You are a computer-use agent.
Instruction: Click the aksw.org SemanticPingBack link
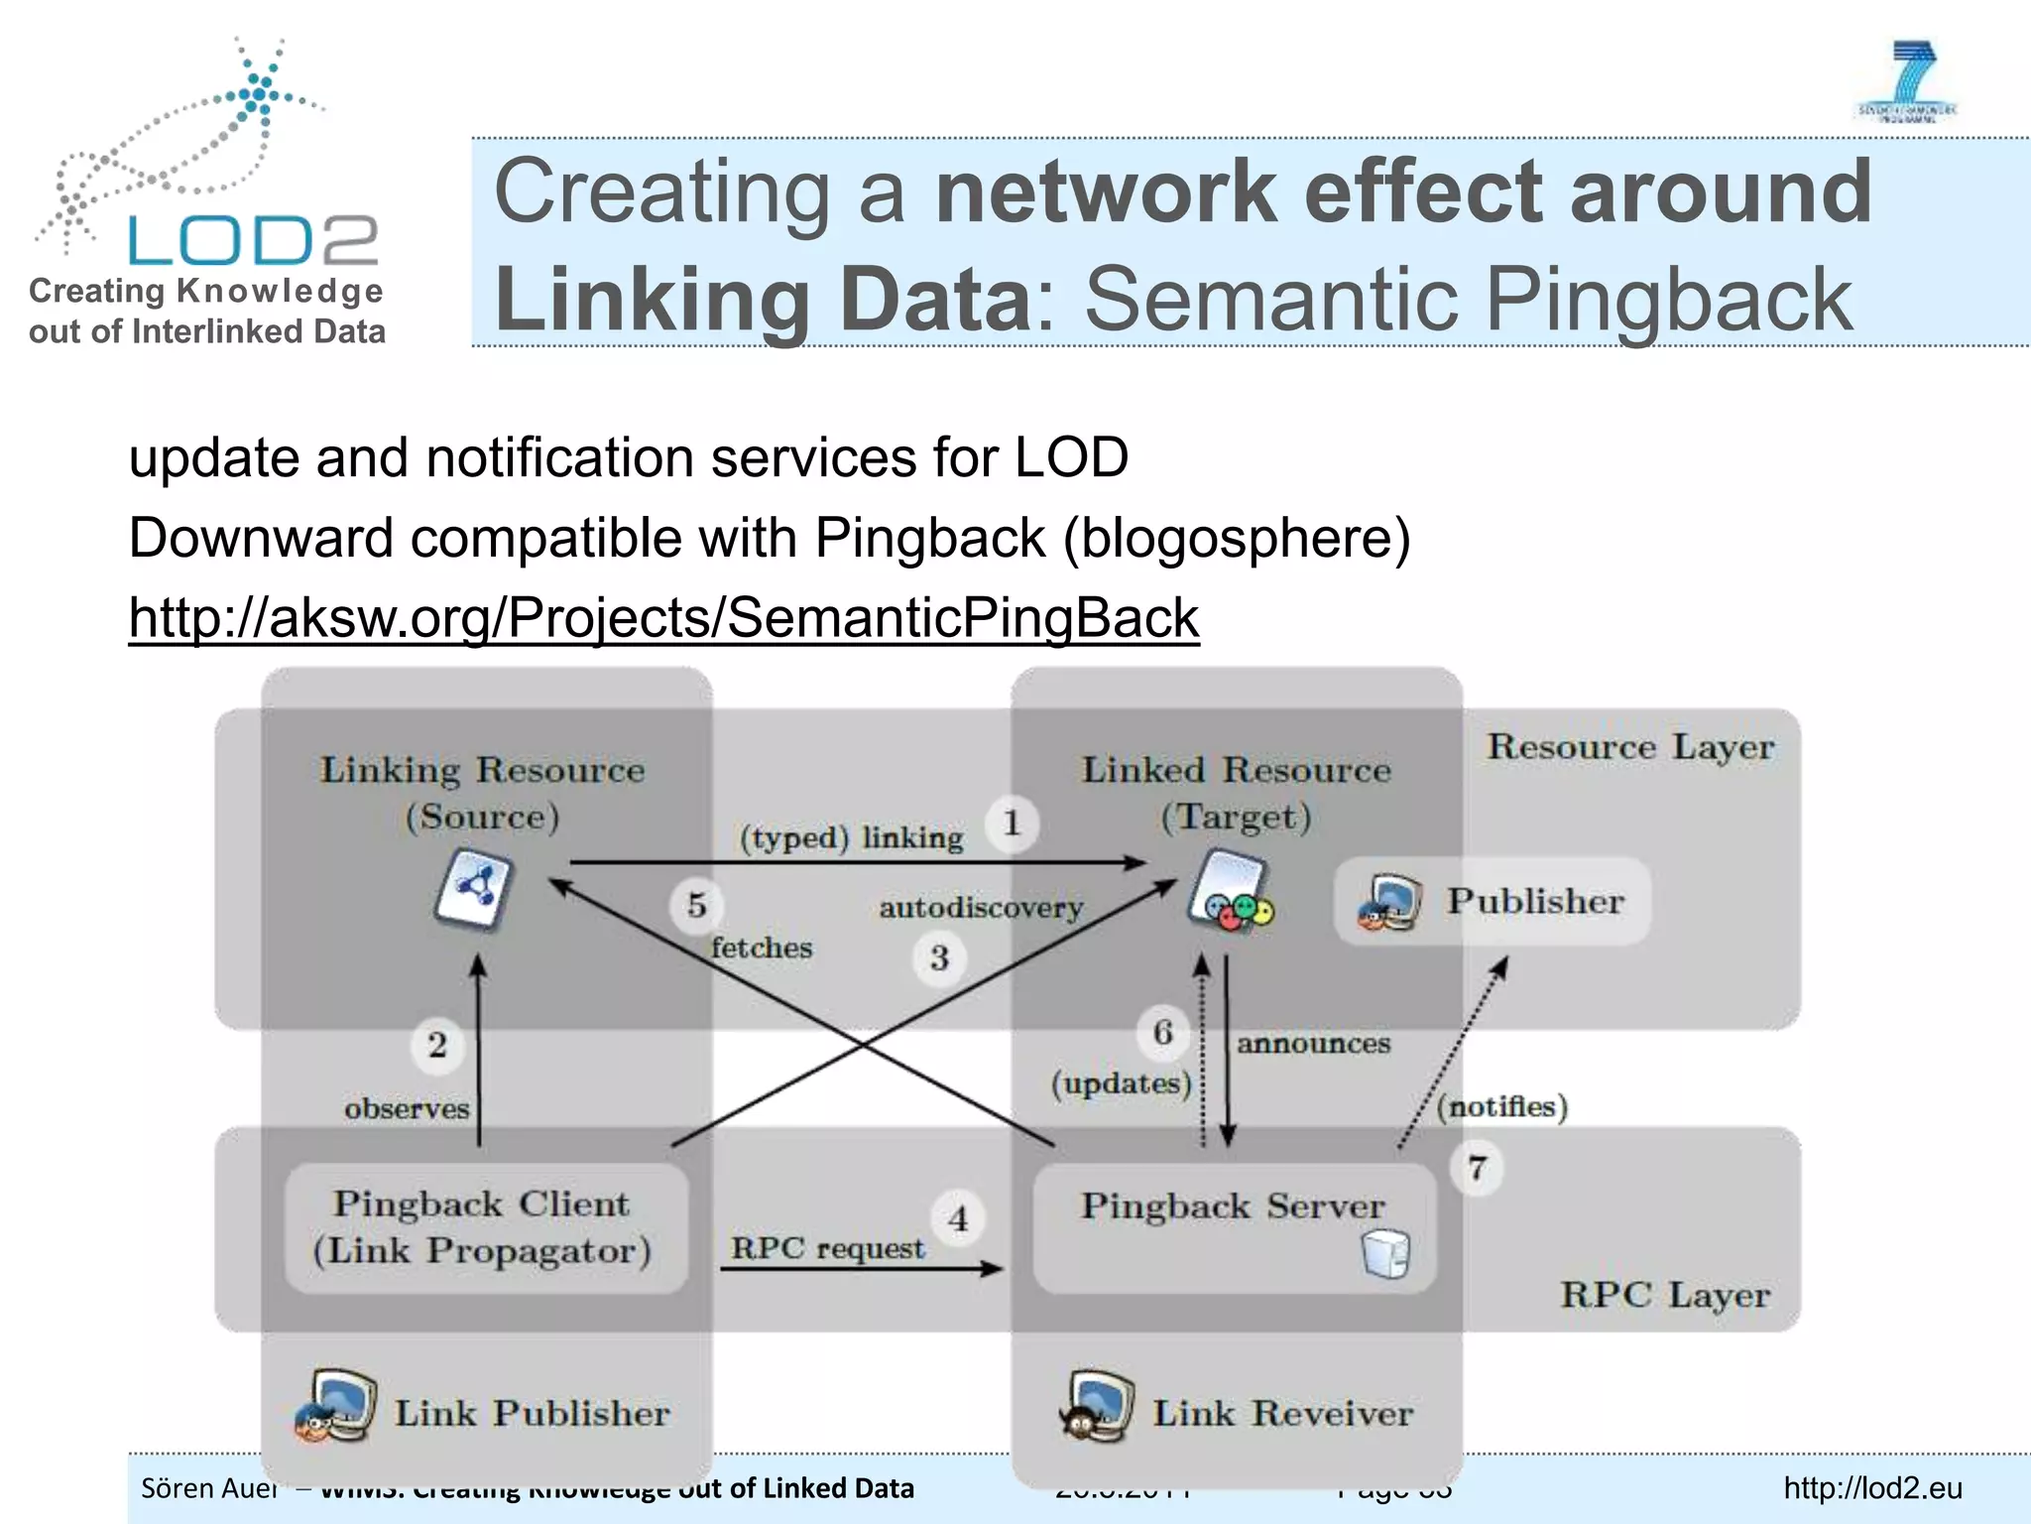[x=663, y=618]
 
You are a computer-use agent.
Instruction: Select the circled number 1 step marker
[x=1012, y=823]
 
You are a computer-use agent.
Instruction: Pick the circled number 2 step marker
[x=437, y=1045]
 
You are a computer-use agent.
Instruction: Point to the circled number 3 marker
[x=939, y=957]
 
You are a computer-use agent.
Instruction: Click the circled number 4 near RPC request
[x=958, y=1217]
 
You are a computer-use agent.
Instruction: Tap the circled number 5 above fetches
[x=697, y=905]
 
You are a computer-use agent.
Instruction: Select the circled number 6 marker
[x=1163, y=1032]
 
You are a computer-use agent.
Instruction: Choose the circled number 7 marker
[x=1477, y=1168]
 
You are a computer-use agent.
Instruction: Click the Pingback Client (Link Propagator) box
[x=484, y=1227]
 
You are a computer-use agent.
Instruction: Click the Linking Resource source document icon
[x=474, y=889]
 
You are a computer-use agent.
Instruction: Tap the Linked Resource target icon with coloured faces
[x=1231, y=892]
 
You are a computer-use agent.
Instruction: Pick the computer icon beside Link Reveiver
[x=1098, y=1406]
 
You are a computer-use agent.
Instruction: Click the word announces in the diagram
[x=1313, y=1044]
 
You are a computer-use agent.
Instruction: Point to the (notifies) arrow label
[x=1501, y=1106]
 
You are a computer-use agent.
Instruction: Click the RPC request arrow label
[x=827, y=1248]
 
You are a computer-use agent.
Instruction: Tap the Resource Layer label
[x=1630, y=747]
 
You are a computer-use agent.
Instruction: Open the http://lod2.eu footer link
[x=1872, y=1488]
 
